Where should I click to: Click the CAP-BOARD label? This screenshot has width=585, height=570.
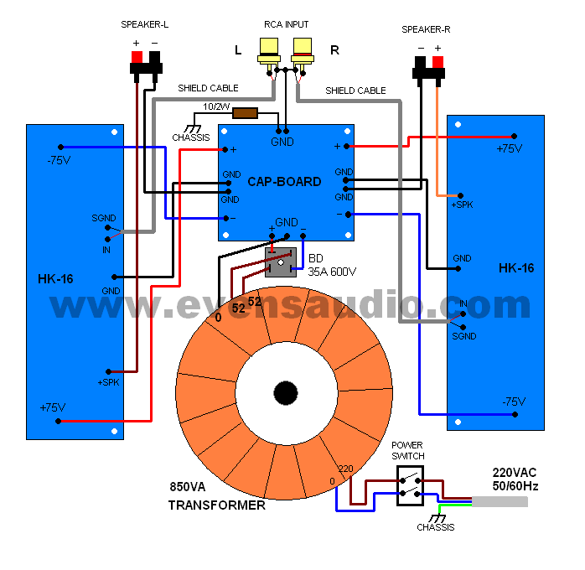tap(284, 181)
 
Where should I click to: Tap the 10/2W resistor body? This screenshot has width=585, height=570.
tap(245, 113)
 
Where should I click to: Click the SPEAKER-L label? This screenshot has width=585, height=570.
tap(144, 25)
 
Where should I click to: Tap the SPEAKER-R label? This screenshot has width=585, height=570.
tap(426, 29)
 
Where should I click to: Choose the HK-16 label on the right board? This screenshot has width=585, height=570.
tap(515, 268)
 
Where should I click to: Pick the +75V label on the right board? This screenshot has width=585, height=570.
tap(509, 148)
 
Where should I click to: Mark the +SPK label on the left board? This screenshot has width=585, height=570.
tap(107, 382)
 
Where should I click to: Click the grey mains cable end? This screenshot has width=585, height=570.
tap(500, 501)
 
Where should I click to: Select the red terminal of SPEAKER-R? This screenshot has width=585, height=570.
tap(437, 62)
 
